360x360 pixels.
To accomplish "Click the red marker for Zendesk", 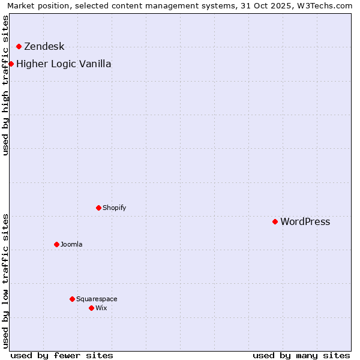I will (19, 47).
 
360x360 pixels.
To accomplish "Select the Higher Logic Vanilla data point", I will (11, 64).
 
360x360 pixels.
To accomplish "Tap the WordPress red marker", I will (275, 222).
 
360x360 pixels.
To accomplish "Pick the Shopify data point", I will (99, 208).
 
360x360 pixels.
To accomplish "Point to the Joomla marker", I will (57, 245).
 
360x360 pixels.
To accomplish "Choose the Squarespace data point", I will (73, 299).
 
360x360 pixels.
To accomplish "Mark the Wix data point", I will (92, 308).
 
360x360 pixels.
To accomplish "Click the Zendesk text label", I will (44, 47).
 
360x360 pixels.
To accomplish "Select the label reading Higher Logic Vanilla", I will (64, 64).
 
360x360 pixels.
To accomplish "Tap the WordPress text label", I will (305, 222).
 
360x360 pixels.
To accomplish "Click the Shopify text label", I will (114, 208).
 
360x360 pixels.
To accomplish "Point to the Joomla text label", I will (71, 245).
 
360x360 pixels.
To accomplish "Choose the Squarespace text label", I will (97, 299).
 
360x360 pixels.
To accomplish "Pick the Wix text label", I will (101, 308).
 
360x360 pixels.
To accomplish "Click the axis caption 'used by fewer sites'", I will (62, 355).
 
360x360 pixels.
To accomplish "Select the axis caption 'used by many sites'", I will (301, 355).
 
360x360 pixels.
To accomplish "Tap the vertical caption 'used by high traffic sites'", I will (6, 85).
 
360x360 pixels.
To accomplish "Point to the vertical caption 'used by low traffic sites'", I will (6, 280).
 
